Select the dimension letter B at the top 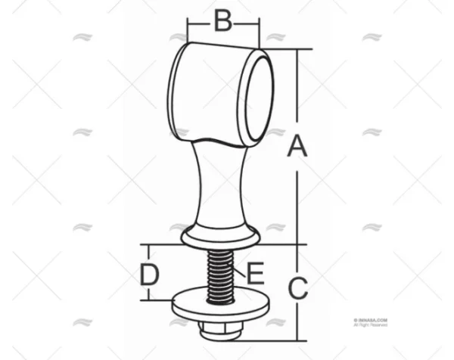coord(222,20)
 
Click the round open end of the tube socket coord(254,97)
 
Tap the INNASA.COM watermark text coord(370,321)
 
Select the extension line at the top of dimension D coord(163,244)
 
